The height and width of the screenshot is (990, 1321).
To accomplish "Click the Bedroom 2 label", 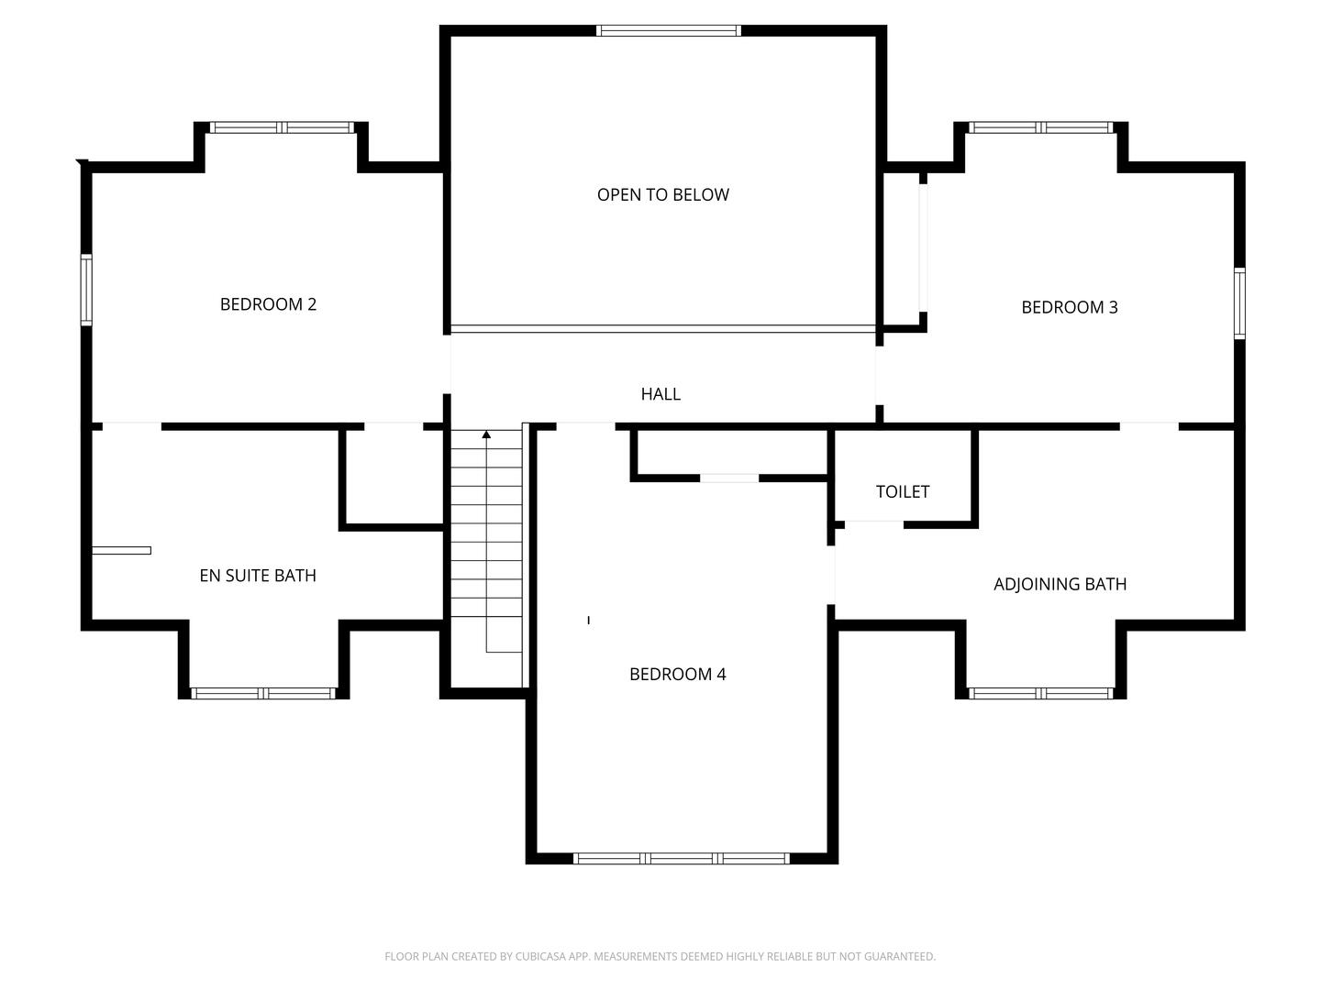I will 268,304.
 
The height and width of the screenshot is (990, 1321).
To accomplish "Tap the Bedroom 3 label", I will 1070,307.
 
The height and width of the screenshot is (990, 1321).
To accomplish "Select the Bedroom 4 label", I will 677,675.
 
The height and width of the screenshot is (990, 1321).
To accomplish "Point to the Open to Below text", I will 662,194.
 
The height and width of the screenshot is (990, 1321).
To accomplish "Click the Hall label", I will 660,394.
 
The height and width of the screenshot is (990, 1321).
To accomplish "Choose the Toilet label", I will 903,492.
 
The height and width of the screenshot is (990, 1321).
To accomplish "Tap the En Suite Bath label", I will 258,576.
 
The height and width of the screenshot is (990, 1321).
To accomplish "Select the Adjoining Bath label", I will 1060,584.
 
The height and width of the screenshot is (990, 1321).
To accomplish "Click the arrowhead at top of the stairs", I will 486,434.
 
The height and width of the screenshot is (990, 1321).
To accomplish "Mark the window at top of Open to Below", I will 668,30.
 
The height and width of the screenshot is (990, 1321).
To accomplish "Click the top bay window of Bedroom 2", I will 281,128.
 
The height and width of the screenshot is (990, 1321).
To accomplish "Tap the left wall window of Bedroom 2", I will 86,290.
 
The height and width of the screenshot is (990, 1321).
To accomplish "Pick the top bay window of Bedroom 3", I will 1040,128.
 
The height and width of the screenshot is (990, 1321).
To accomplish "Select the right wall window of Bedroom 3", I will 1239,303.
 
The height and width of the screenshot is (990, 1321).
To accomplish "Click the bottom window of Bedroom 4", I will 681,859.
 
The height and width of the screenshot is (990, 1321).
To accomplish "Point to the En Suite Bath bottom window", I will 263,694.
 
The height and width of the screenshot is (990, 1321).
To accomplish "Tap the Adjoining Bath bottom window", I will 1040,694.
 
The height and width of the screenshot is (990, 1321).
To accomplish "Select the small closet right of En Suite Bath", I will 394,477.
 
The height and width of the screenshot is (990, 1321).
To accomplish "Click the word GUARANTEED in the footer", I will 896,957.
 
